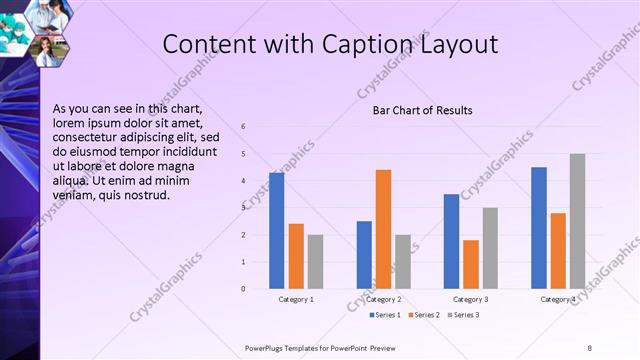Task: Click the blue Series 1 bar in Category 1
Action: (x=276, y=231)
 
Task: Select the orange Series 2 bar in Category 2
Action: (x=383, y=229)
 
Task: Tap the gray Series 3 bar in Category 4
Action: (x=577, y=221)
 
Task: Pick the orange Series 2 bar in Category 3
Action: (x=470, y=264)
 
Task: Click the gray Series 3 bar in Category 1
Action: (x=315, y=262)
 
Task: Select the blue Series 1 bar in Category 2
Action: (x=364, y=255)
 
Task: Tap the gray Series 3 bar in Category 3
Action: (x=489, y=248)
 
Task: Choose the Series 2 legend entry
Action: (x=423, y=315)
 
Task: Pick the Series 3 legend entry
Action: (x=464, y=315)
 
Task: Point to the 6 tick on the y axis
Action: (x=242, y=126)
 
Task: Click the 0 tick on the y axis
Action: (x=242, y=289)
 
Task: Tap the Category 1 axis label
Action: (x=295, y=299)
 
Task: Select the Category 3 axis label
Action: (x=470, y=299)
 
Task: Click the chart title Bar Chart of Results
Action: (x=422, y=110)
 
